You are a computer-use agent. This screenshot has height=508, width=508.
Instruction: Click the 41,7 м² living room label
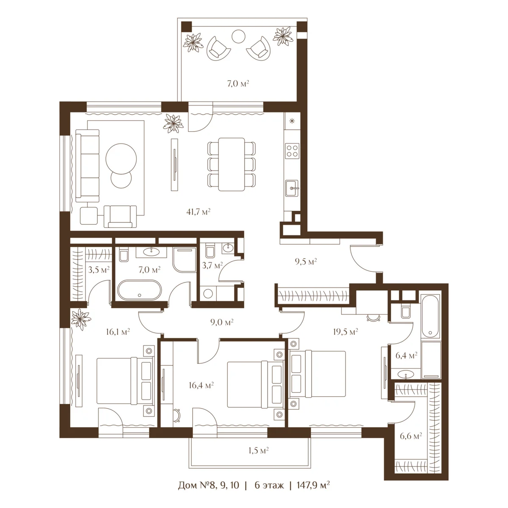click(198, 212)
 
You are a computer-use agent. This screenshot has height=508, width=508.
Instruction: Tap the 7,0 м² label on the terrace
click(238, 84)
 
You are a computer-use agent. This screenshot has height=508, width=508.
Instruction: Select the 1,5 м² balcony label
click(258, 450)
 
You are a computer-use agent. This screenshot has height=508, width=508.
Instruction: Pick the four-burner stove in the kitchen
click(293, 151)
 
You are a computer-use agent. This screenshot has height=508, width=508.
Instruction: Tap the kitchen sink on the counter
click(293, 188)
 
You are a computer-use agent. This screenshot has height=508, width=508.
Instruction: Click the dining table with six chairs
click(232, 164)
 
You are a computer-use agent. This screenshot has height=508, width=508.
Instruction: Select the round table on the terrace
click(238, 37)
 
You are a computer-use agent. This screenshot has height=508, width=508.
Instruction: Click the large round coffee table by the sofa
click(121, 159)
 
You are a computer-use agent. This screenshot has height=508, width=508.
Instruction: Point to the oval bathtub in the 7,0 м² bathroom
click(139, 290)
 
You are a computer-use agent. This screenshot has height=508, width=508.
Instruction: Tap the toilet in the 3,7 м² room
click(210, 251)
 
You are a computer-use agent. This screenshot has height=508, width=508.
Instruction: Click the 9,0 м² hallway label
click(222, 322)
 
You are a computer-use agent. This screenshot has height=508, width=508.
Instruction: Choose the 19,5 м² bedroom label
click(345, 331)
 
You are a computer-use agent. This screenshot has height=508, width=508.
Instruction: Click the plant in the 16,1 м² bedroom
click(81, 319)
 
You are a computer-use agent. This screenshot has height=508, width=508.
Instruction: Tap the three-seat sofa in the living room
click(87, 166)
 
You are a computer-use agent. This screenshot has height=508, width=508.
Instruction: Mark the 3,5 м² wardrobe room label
click(99, 270)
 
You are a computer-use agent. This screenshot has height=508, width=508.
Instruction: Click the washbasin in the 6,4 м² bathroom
click(405, 374)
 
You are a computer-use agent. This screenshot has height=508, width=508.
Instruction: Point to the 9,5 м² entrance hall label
click(306, 262)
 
